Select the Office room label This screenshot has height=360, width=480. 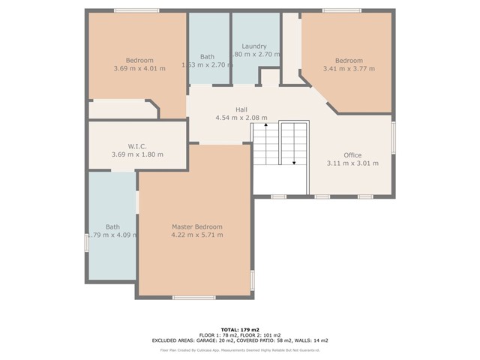tap(352, 154)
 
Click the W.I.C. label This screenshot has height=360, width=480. tap(136, 145)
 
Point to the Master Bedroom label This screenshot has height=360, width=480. tap(196, 226)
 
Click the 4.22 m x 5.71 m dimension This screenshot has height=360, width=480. tap(196, 235)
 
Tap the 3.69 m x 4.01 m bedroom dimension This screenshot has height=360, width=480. tap(139, 69)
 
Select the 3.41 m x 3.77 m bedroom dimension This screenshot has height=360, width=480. tap(349, 69)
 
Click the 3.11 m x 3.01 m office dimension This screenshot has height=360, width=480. tap(352, 163)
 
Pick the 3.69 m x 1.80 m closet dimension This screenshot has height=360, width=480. tap(136, 154)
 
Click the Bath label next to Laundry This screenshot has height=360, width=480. tap(208, 57)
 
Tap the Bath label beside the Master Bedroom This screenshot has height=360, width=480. tap(112, 226)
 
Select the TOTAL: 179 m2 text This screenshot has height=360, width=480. tap(239, 328)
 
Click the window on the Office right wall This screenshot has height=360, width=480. tap(393, 138)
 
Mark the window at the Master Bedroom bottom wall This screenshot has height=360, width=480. tap(193, 298)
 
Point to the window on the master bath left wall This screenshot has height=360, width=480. tap(87, 244)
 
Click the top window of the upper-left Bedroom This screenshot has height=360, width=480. tap(136, 10)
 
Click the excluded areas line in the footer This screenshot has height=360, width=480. tap(239, 340)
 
